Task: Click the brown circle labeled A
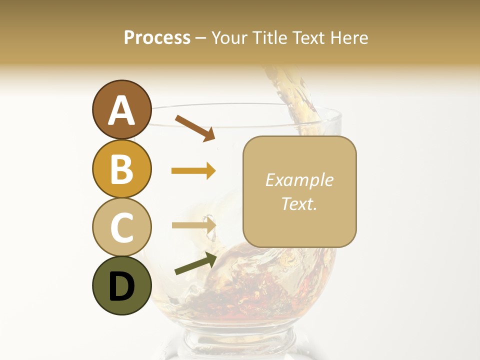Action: pos(121,109)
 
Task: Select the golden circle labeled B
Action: pos(121,168)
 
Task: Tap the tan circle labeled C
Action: pos(121,227)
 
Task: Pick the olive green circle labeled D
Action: pos(121,285)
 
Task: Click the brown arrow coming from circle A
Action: pos(195,127)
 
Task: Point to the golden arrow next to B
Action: pos(193,171)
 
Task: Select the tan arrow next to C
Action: pos(193,225)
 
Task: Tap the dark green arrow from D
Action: pos(195,264)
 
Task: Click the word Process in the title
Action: pos(157,37)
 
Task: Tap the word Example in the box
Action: pos(299,180)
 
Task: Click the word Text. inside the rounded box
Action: pos(299,203)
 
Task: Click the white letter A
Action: pos(121,110)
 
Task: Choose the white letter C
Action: pos(121,227)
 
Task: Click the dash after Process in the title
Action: pos(201,38)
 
